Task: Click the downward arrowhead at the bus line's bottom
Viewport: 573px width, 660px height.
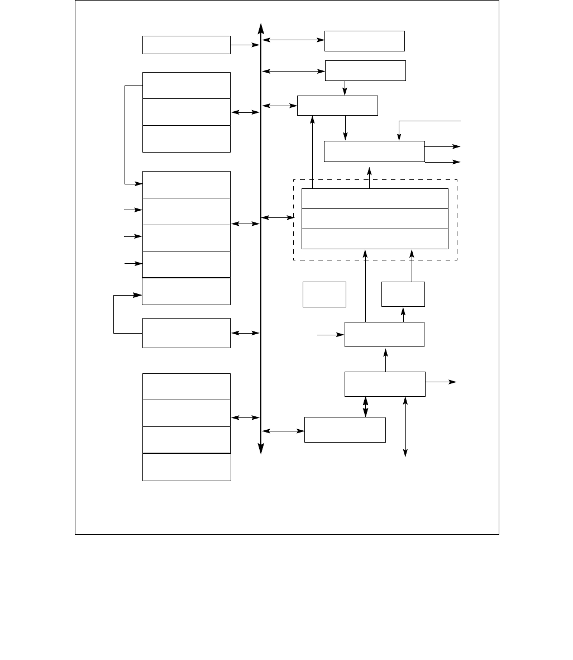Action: click(x=261, y=448)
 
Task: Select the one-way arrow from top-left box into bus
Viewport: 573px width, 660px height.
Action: click(x=245, y=45)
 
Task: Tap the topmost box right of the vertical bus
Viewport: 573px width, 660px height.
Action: click(x=364, y=41)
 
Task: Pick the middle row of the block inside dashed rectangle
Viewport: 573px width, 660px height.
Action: click(x=375, y=219)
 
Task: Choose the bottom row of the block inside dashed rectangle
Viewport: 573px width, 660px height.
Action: click(x=375, y=239)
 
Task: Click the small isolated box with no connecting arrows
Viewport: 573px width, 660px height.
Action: click(x=324, y=295)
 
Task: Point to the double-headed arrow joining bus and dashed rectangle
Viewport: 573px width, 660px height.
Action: click(x=278, y=217)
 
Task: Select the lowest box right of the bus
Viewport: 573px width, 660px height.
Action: click(x=345, y=430)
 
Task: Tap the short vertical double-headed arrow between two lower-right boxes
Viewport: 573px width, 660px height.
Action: click(x=365, y=407)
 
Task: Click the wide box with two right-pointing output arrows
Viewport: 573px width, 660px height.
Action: click(x=374, y=151)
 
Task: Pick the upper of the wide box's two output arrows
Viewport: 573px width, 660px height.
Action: click(x=442, y=146)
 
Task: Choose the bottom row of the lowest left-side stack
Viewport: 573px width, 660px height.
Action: click(x=187, y=467)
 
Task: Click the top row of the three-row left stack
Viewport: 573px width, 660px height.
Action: click(x=187, y=86)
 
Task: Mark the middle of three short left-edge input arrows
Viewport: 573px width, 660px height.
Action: click(x=133, y=237)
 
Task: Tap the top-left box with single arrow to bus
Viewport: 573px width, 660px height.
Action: click(x=187, y=45)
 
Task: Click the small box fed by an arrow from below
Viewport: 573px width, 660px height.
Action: click(x=403, y=295)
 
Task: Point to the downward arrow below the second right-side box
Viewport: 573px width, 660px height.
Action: click(x=345, y=88)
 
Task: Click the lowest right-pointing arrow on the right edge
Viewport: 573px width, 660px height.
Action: click(x=441, y=382)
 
